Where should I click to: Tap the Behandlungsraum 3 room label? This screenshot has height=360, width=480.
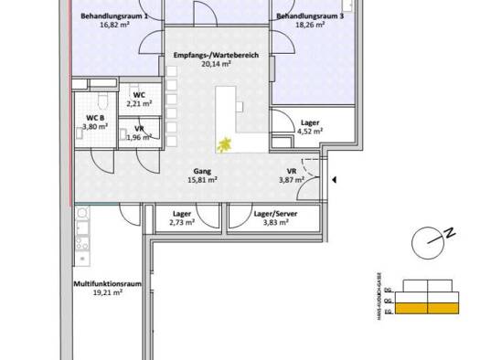pyautogui.click(x=312, y=17)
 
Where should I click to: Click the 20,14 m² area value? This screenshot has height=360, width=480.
pyautogui.click(x=216, y=66)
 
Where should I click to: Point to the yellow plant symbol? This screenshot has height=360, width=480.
pyautogui.click(x=223, y=143)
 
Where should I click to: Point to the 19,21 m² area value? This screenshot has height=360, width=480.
pyautogui.click(x=104, y=295)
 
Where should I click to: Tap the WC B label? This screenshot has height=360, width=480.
pyautogui.click(x=96, y=118)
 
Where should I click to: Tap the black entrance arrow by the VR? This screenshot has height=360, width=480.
pyautogui.click(x=336, y=182)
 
